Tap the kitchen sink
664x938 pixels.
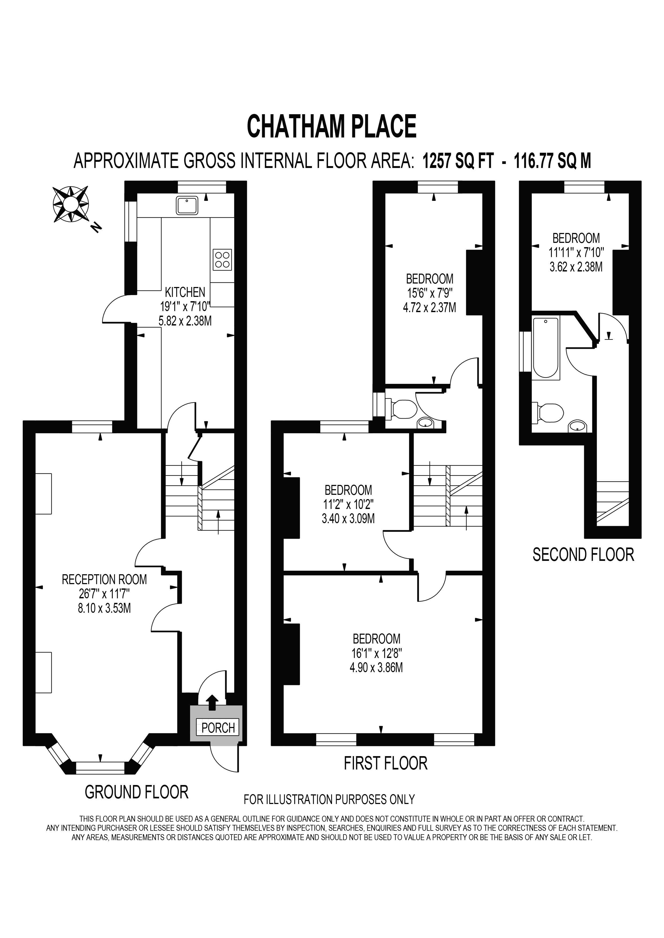[x=187, y=205]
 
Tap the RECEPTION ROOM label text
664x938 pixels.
[x=104, y=579]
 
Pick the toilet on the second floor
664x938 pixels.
[x=548, y=413]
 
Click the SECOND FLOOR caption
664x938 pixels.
[x=583, y=554]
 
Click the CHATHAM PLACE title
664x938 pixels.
[x=331, y=126]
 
